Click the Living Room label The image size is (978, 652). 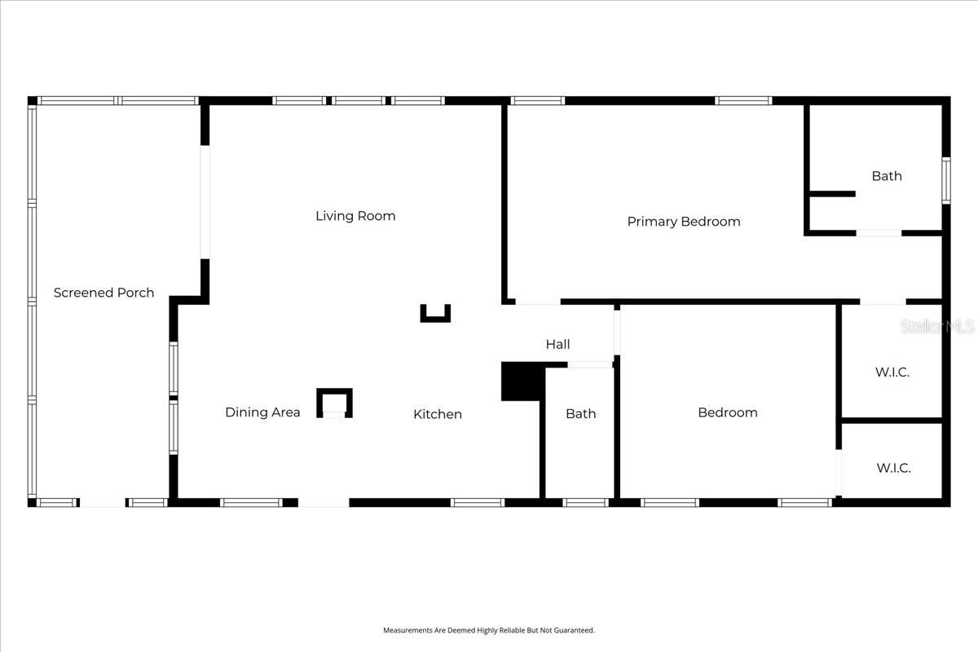coord(355,216)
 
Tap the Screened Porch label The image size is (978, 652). coord(104,293)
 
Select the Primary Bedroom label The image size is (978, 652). coord(683,222)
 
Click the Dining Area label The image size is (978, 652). coord(262,412)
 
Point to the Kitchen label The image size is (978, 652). coord(437,414)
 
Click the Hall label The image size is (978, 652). coord(557,345)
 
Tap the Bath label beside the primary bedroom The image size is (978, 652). coord(886,176)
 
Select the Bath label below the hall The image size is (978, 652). coord(580,414)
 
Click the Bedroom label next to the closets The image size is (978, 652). coord(727,412)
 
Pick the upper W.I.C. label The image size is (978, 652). coord(892,372)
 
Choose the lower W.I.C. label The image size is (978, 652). coord(893,468)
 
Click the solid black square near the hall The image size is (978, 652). coord(521,381)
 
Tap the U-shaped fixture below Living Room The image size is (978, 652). coord(435,314)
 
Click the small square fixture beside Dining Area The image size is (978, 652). coord(334,403)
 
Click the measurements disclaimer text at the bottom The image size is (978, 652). coord(489,630)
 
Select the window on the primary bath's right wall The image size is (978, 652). coord(946,180)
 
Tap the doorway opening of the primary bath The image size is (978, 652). coord(879,233)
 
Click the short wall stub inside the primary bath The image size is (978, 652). coord(831,194)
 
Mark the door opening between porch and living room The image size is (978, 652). coord(205,202)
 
